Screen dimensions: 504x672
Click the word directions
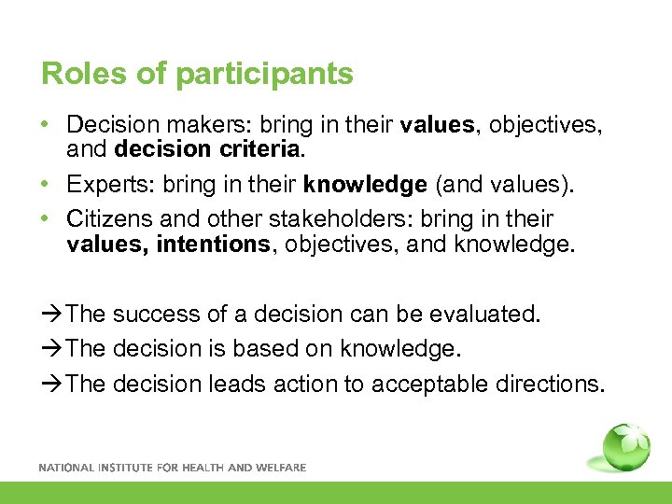point(552,384)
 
